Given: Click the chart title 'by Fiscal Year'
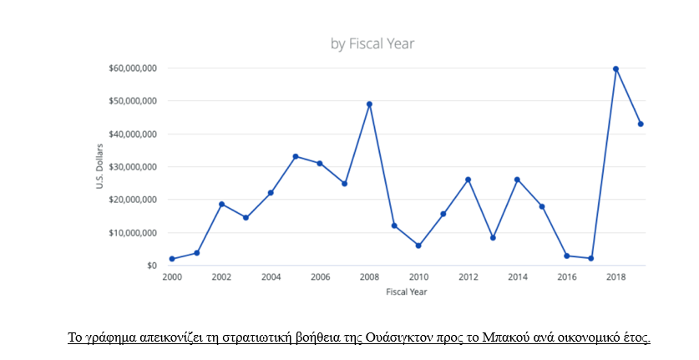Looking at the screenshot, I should [x=372, y=43].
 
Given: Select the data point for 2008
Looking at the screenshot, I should [x=369, y=104].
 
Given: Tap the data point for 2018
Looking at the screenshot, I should [x=616, y=68].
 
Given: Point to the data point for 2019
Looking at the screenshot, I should [x=641, y=124].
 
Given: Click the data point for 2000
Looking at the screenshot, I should [x=172, y=259].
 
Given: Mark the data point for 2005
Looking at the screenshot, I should [x=296, y=156].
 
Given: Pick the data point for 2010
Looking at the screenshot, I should [x=418, y=246].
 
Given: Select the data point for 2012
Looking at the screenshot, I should [x=468, y=180].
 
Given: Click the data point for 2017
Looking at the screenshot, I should [x=591, y=258].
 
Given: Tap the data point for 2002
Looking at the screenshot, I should [x=221, y=204].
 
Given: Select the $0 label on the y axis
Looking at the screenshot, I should [x=150, y=266].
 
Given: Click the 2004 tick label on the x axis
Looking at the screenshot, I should [x=271, y=277].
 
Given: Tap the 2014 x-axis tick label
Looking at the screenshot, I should [x=517, y=277].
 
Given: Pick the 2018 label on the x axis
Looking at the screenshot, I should [x=615, y=277].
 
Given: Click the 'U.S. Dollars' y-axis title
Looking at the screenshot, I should [x=99, y=166].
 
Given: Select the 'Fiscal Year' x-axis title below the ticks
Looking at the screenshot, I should [x=406, y=292].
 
